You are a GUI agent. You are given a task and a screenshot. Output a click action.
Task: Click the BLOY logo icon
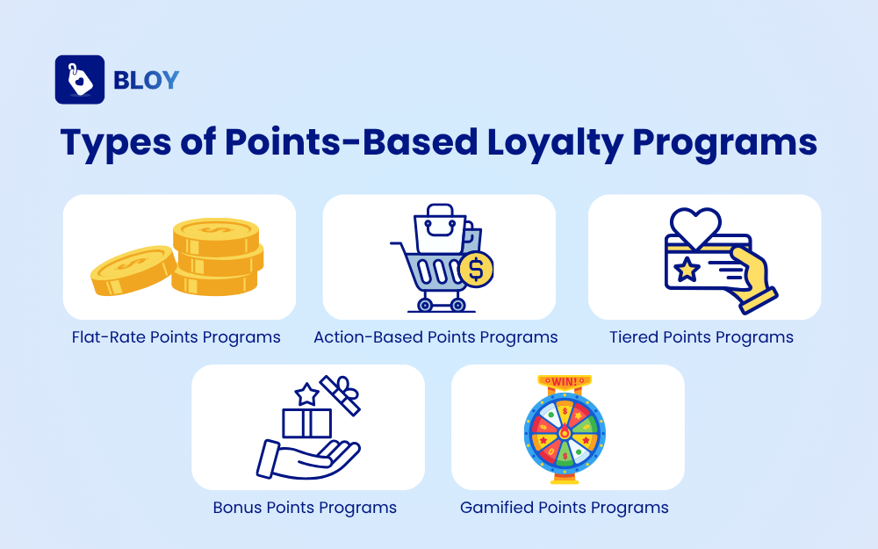tap(80, 80)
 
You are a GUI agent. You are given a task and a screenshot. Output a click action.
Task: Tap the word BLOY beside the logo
tap(146, 80)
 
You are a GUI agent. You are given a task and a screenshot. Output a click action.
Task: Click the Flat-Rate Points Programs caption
tap(176, 337)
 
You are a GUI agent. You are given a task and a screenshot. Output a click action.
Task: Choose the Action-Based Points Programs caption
tap(435, 337)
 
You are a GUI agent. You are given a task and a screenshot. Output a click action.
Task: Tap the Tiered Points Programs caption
tap(702, 337)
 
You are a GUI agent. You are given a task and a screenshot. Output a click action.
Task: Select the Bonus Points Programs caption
tap(305, 508)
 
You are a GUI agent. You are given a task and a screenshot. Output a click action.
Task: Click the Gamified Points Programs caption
tap(565, 508)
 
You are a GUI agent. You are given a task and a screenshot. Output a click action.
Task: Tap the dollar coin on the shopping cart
tap(476, 269)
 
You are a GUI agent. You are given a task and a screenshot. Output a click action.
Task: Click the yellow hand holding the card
tap(752, 278)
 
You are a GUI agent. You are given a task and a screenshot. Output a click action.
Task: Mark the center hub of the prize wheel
tap(564, 433)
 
